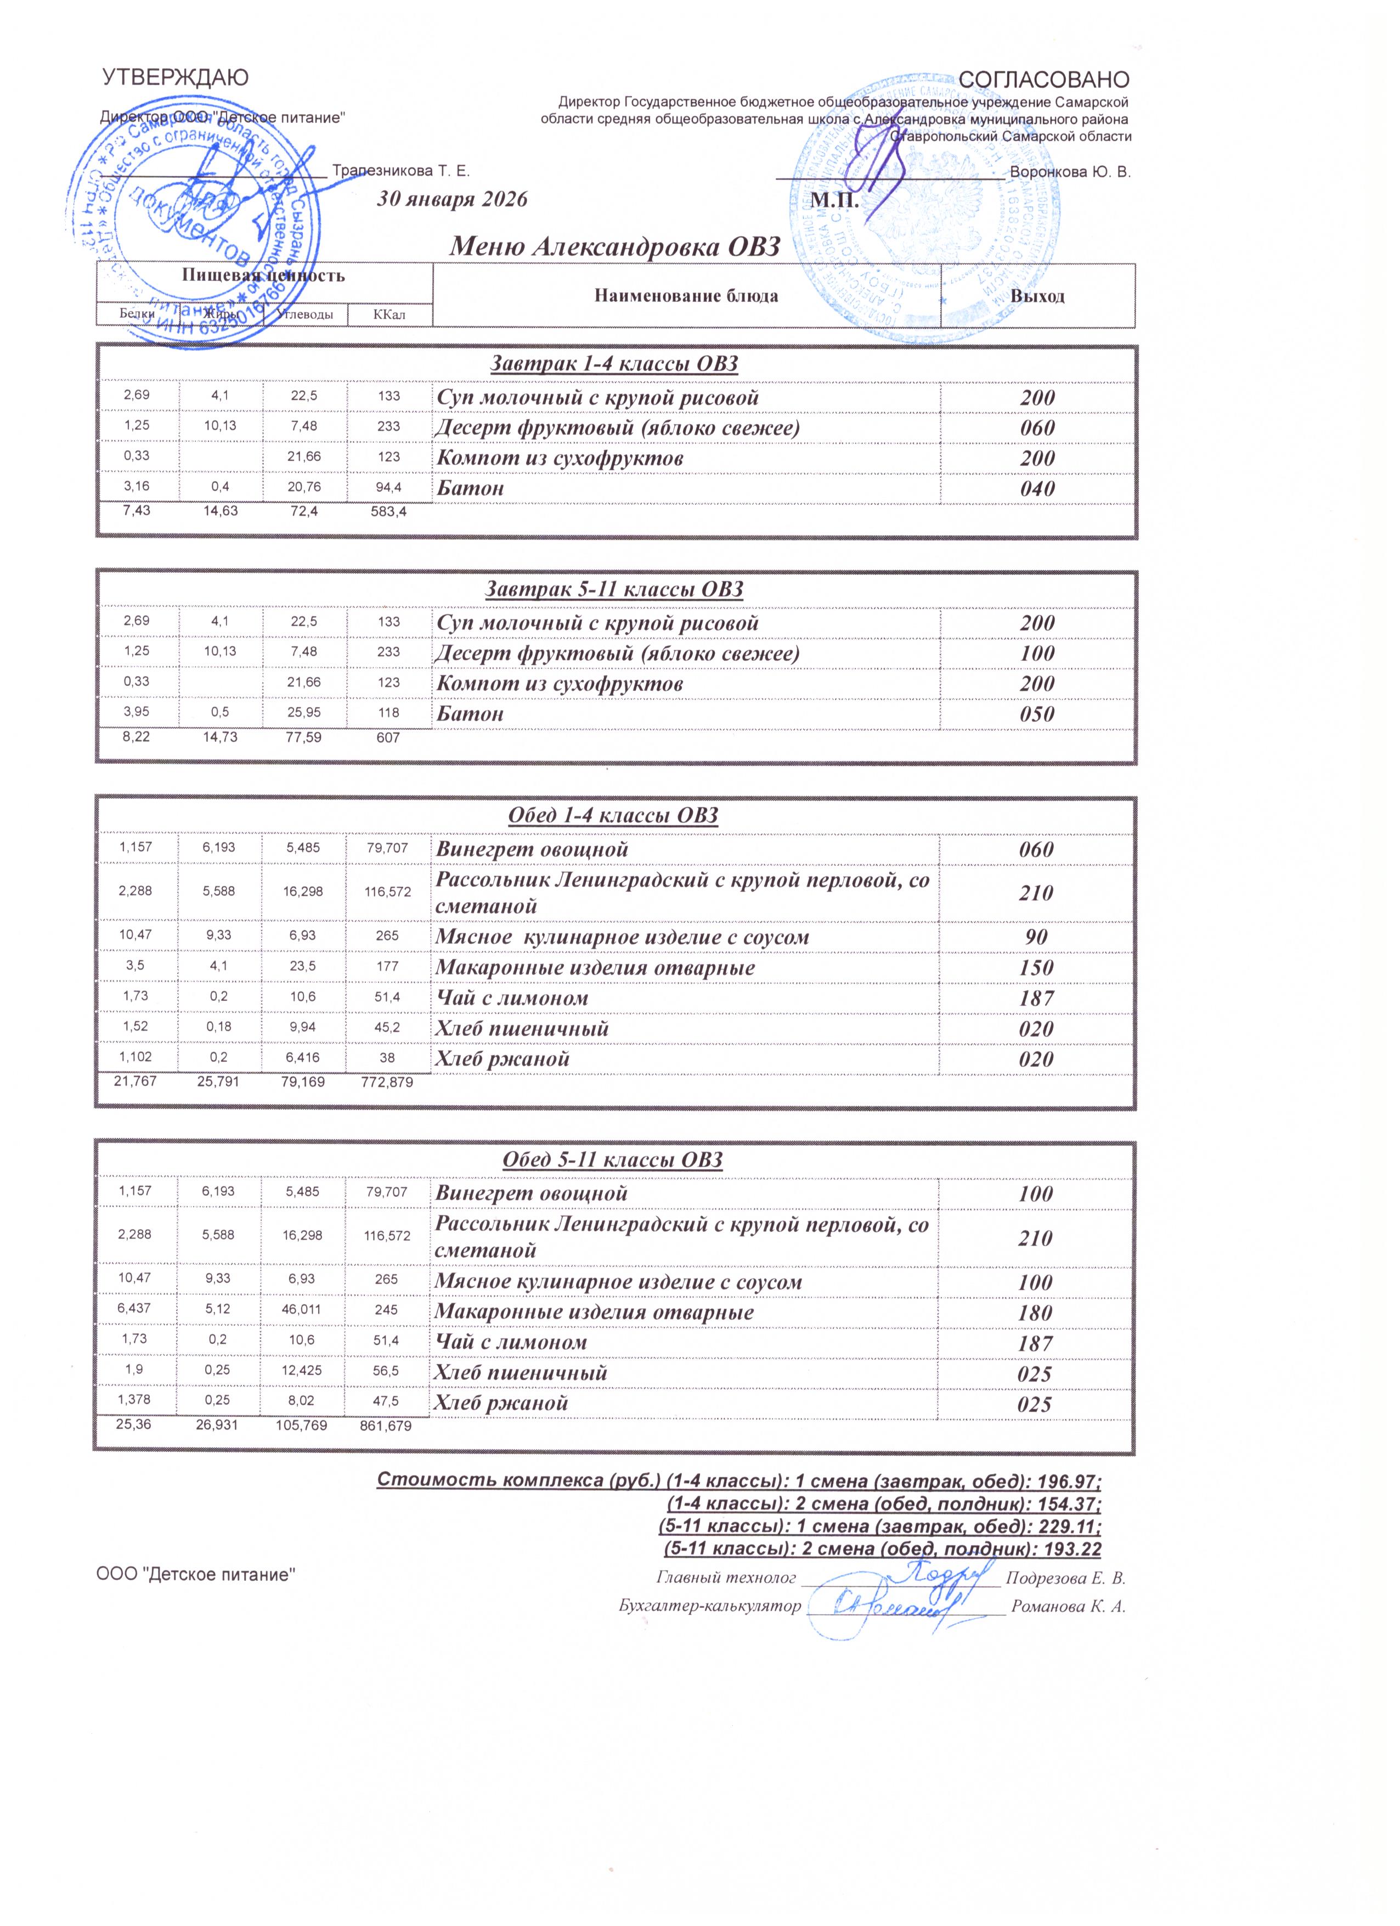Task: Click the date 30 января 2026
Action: (x=451, y=200)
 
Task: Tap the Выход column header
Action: (x=1037, y=296)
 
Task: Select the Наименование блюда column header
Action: (x=686, y=296)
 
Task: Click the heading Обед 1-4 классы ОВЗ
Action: (x=613, y=816)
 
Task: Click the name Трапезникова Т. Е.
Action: (x=400, y=171)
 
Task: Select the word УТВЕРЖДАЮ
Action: (x=176, y=78)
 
